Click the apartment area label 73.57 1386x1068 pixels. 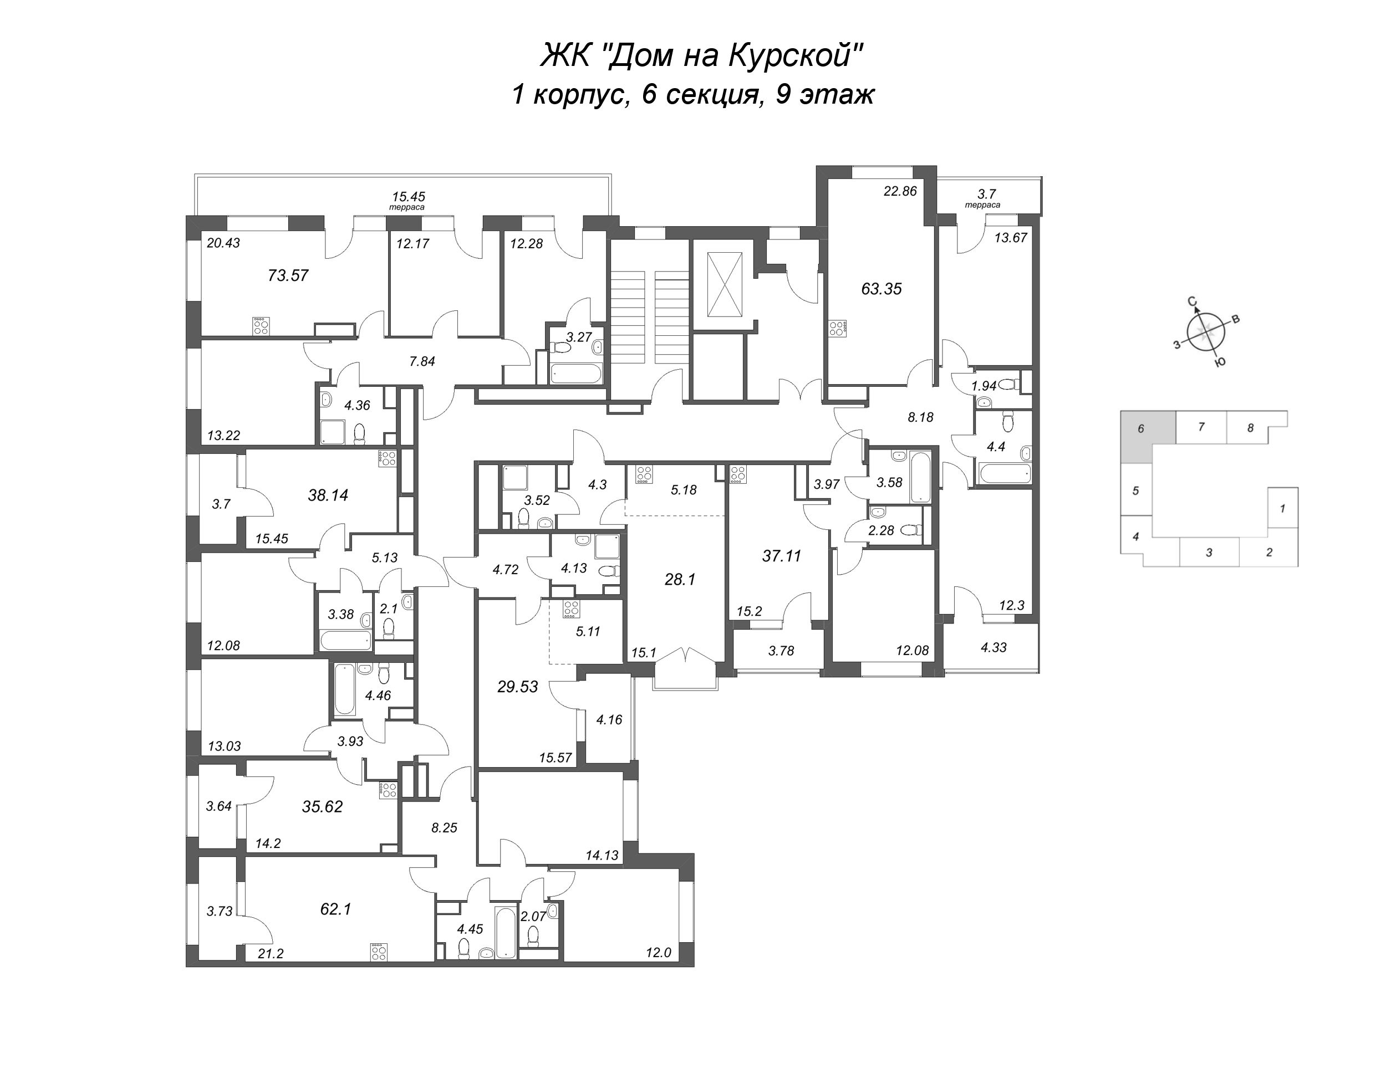click(x=288, y=275)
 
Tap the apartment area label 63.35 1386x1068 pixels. click(x=881, y=288)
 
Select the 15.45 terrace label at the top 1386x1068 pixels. click(x=408, y=197)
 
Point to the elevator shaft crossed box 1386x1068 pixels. click(x=724, y=284)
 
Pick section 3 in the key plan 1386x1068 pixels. click(x=1210, y=552)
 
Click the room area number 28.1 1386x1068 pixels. click(x=680, y=579)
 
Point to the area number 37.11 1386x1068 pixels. click(x=781, y=555)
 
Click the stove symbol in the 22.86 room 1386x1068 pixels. click(x=837, y=329)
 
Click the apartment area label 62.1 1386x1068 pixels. click(x=336, y=909)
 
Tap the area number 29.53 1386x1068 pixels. click(x=518, y=686)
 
